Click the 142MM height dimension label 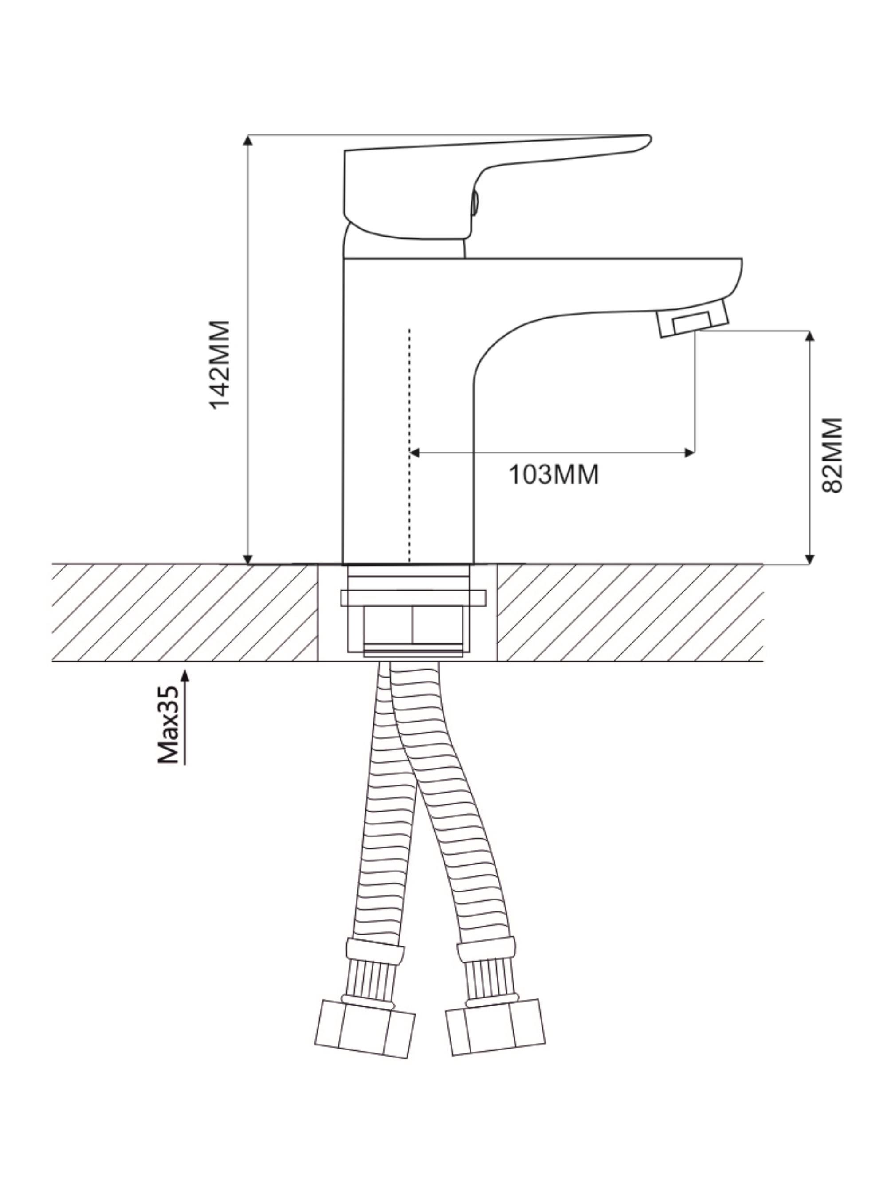[220, 364]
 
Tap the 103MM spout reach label [553, 474]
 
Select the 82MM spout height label [832, 455]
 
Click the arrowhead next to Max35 [185, 675]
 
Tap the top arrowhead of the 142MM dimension [247, 140]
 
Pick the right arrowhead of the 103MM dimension [689, 453]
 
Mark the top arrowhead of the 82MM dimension [809, 336]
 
